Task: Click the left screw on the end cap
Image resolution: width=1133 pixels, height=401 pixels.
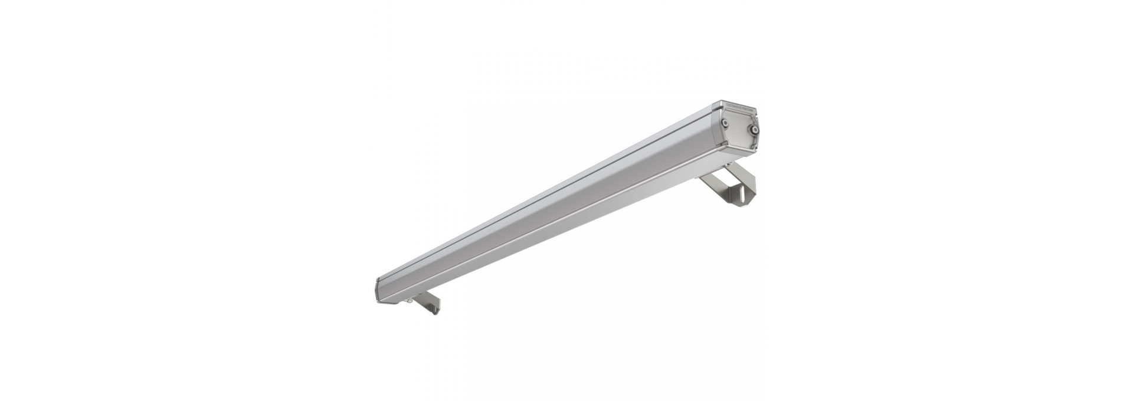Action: point(725,123)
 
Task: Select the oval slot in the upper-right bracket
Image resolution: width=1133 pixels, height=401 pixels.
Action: point(742,192)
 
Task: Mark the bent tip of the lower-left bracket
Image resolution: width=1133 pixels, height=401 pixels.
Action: point(435,311)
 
